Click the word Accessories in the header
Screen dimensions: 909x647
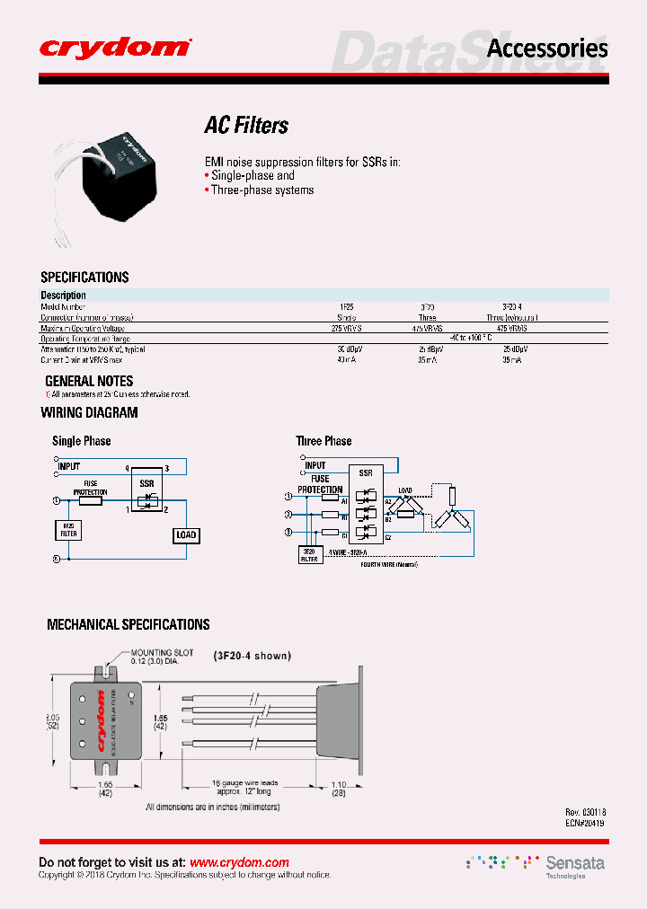click(x=546, y=49)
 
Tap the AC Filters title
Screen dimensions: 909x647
click(x=246, y=126)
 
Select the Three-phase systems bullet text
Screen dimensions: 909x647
click(x=262, y=190)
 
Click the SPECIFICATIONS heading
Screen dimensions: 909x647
click(x=84, y=278)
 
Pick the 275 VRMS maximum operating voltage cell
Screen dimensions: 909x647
click(x=347, y=329)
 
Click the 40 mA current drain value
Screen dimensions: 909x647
click(x=346, y=359)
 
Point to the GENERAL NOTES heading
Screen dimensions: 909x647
click(x=89, y=381)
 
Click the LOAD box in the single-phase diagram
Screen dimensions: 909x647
click(x=186, y=535)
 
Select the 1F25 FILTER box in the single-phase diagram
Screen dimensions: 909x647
click(x=68, y=530)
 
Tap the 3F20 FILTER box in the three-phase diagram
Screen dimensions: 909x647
click(x=310, y=554)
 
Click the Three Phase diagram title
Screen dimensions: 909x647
click(x=323, y=441)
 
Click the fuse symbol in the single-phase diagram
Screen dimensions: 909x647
click(x=91, y=500)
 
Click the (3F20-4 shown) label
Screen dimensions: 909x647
click(x=252, y=656)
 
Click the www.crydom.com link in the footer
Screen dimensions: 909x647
click(x=239, y=862)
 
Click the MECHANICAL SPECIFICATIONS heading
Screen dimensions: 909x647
click(x=128, y=624)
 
